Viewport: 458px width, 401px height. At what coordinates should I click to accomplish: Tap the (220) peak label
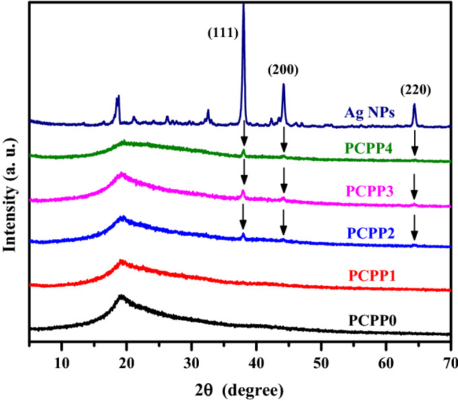pos(415,89)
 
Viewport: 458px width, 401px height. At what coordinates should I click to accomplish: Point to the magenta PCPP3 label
pos(369,189)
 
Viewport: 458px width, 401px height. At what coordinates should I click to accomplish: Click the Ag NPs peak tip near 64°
pos(414,105)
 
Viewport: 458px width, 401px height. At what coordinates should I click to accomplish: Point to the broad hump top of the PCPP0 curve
pos(122,296)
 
